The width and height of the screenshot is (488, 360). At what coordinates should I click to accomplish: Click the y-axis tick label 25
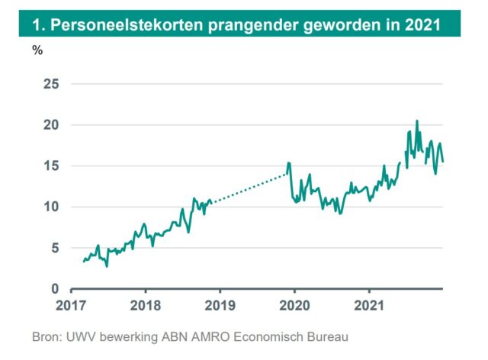(51, 84)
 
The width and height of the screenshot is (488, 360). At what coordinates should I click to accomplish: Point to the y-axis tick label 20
(51, 125)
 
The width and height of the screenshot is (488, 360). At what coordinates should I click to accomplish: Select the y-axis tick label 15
(51, 166)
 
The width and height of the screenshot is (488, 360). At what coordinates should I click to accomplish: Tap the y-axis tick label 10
(51, 207)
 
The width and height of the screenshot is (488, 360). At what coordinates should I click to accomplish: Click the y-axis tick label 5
(54, 249)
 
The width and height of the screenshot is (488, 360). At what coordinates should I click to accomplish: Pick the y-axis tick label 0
(54, 289)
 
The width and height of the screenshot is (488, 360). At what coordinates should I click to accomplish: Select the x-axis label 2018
(144, 307)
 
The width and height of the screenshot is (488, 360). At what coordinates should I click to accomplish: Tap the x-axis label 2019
(219, 307)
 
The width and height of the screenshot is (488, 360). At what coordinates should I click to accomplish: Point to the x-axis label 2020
(294, 307)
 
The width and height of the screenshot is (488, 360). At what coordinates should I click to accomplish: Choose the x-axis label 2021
(368, 307)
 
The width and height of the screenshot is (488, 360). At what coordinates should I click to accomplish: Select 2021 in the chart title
(421, 24)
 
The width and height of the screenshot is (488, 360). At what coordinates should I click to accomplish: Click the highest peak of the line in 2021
(416, 121)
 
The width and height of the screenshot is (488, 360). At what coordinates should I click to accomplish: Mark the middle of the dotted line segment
(249, 188)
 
